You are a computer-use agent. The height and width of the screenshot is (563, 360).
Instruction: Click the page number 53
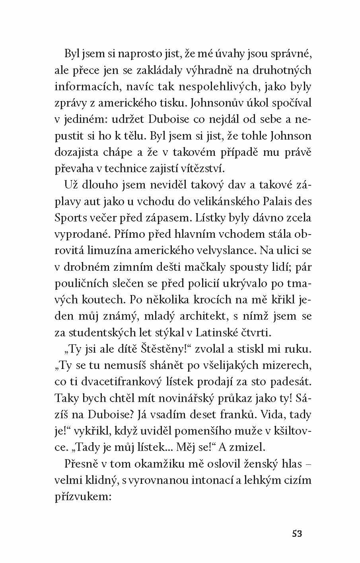[297, 533]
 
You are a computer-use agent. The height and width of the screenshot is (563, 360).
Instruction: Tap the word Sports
[70, 218]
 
